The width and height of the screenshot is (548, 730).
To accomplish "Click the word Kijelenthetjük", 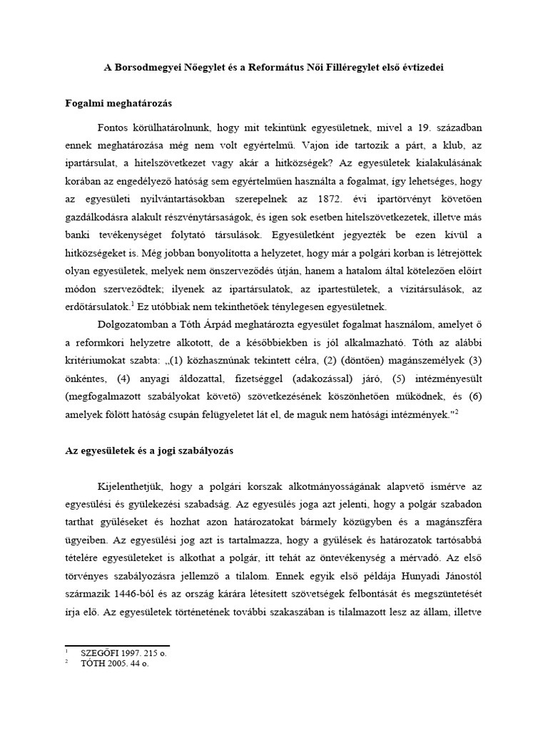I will (130, 485).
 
